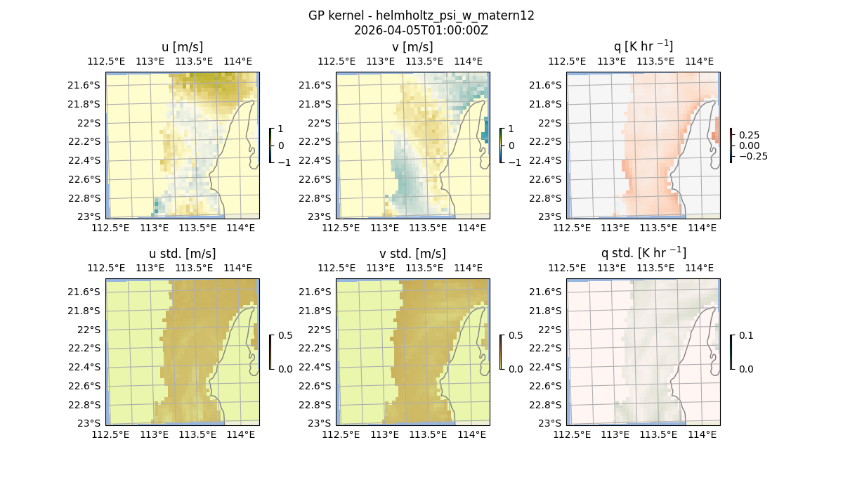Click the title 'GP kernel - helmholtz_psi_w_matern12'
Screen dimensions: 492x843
pyautogui.click(x=421, y=15)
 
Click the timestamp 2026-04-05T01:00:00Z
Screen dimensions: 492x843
pyautogui.click(x=421, y=30)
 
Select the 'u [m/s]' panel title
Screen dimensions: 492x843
pyautogui.click(x=182, y=46)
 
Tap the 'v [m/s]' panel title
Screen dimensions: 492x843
pyautogui.click(x=412, y=46)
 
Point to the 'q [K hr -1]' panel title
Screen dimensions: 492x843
pyautogui.click(x=643, y=46)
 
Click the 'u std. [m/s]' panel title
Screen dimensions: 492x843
pyautogui.click(x=182, y=253)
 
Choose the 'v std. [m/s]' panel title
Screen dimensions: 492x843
pyautogui.click(x=412, y=253)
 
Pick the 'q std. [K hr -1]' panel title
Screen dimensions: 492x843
pyautogui.click(x=643, y=253)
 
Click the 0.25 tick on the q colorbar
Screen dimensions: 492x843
pyautogui.click(x=749, y=135)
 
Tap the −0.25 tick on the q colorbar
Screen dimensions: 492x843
pyautogui.click(x=752, y=156)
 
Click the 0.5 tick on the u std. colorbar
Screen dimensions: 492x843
pyautogui.click(x=285, y=335)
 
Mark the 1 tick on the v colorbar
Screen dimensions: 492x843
pyautogui.click(x=511, y=129)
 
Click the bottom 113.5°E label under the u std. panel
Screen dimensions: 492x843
pyautogui.click(x=197, y=435)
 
